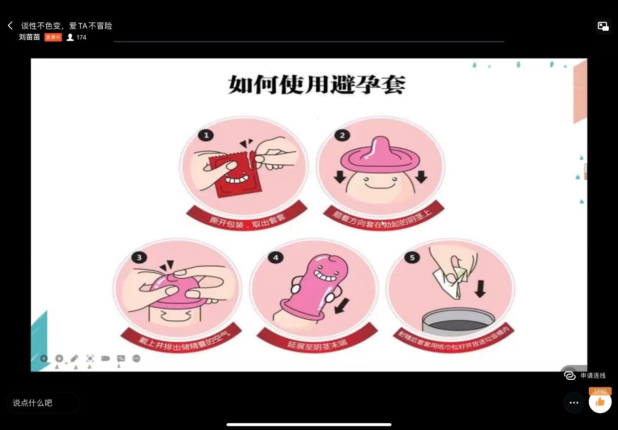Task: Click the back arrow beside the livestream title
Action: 10,25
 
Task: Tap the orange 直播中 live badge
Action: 53,37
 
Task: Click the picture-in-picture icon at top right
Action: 603,26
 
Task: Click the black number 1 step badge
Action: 206,135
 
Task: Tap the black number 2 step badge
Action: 342,135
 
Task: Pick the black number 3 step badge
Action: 139,257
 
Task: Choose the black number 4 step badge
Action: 276,257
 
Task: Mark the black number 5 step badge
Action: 412,257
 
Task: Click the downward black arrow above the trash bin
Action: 480,288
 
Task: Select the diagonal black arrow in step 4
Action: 342,306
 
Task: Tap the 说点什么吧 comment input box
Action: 43,403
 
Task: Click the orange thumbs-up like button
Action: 600,402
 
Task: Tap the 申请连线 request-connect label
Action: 592,375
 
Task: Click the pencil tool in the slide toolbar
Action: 75,358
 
